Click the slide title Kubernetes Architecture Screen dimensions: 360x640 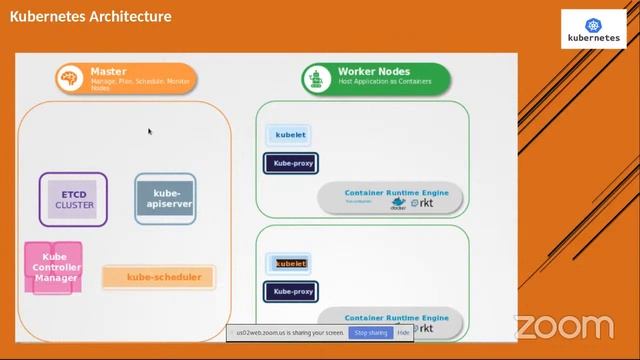91,17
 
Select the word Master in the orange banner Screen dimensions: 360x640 108,72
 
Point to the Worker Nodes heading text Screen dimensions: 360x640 374,72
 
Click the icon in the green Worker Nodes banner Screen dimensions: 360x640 317,78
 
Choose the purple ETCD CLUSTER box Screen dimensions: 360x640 74,199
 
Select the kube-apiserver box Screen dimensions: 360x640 165,198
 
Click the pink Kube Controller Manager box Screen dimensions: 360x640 54,267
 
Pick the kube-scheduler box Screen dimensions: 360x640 159,277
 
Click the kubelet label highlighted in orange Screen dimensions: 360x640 290,264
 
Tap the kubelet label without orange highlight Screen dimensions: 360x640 290,135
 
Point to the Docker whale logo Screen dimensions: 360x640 398,201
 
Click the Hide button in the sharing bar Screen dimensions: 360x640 403,332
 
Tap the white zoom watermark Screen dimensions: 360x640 563,327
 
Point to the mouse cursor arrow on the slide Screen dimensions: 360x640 150,131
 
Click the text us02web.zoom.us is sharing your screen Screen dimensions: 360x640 289,332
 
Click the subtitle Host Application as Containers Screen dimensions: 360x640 386,83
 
